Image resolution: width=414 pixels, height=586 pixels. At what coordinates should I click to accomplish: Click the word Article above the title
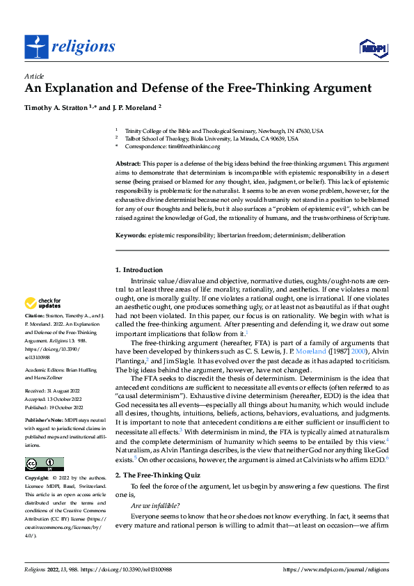coord(34,76)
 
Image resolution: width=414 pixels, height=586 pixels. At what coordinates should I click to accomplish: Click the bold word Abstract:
coord(129,162)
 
